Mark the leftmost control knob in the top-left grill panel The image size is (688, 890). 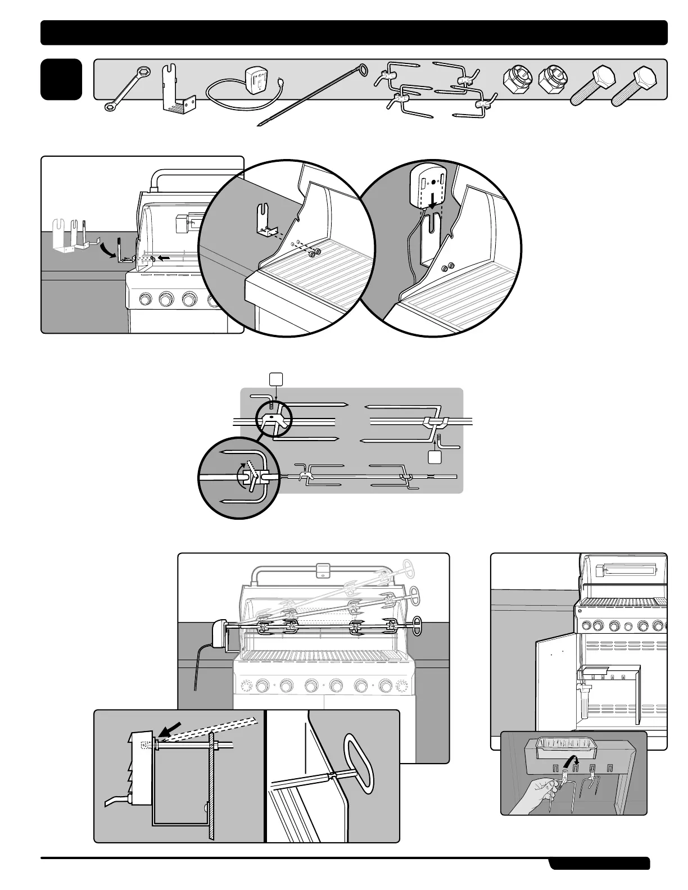tap(144, 299)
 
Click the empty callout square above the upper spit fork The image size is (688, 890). tap(274, 380)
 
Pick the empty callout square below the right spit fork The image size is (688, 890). tap(434, 457)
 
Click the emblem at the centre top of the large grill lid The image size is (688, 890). tap(323, 570)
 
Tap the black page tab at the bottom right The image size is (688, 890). tap(599, 864)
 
